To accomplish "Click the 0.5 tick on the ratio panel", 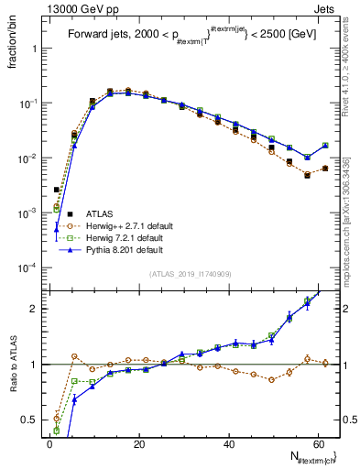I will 30,420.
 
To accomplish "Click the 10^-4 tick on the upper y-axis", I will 27,268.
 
